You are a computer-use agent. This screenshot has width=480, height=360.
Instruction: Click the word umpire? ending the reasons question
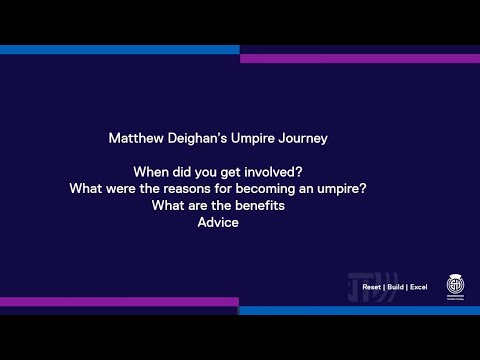click(x=344, y=188)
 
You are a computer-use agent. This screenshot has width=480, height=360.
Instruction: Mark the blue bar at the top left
click(x=120, y=50)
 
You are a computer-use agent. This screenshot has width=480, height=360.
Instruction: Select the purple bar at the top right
click(x=360, y=58)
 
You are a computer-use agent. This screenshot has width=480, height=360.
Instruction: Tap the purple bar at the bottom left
click(x=120, y=301)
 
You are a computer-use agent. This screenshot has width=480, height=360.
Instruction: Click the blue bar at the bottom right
click(x=360, y=310)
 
